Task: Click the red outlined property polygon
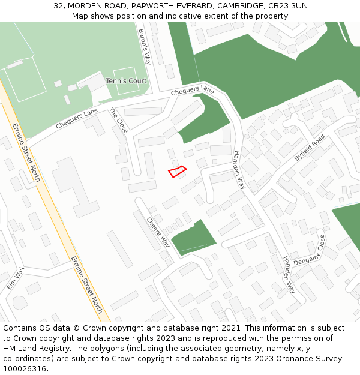pos(177,172)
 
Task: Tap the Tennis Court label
pos(126,80)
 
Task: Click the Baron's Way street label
pos(144,47)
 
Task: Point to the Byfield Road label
pos(309,148)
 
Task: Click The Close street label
pos(118,120)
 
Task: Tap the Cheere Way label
pos(158,232)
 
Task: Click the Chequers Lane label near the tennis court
pos(192,91)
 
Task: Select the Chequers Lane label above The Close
pos(76,118)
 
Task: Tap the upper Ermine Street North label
pos(26,154)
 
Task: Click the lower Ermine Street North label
pos(86,284)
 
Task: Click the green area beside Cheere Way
pos(193,238)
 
